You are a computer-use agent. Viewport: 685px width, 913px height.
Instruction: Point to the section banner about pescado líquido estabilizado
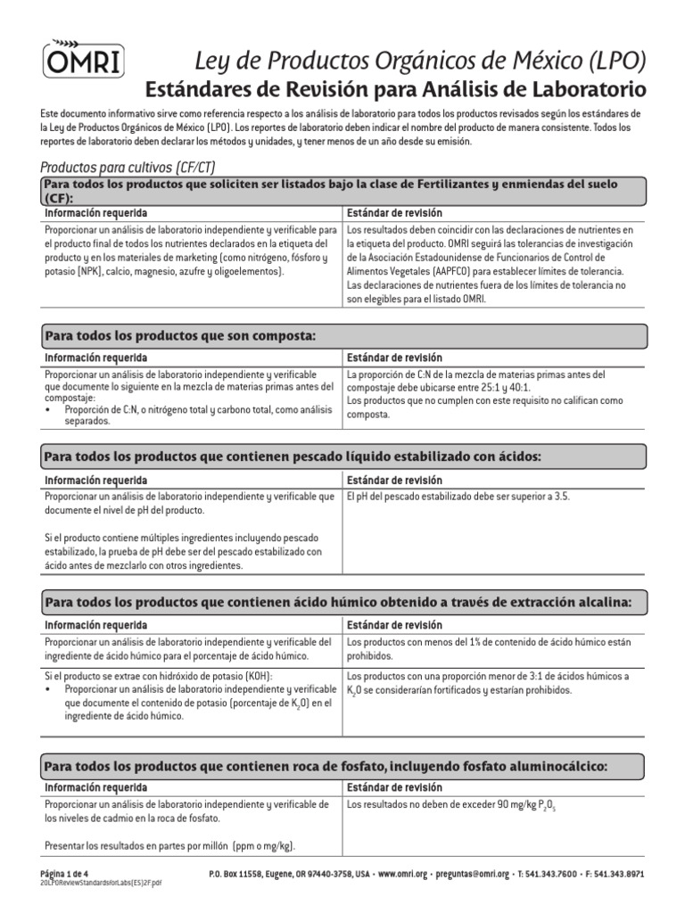point(293,457)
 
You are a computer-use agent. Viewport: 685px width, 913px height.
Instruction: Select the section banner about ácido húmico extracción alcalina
point(338,603)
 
